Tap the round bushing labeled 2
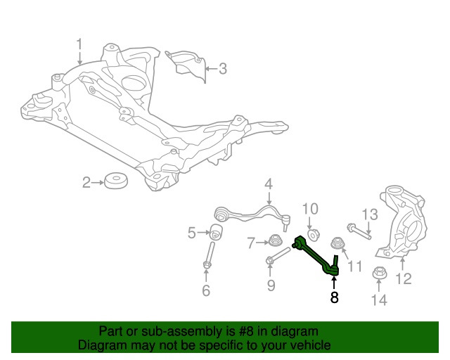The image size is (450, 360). click(116, 181)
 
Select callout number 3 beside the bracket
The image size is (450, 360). click(223, 69)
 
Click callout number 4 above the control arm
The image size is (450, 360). click(269, 184)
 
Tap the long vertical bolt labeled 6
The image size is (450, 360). click(209, 255)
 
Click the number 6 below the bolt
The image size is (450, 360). click(206, 290)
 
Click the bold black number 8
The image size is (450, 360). click(335, 297)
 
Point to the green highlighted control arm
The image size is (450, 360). click(316, 256)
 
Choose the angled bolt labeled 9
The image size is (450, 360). click(278, 257)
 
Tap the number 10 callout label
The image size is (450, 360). click(310, 209)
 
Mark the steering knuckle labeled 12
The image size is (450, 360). click(402, 221)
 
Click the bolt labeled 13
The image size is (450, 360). click(359, 231)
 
